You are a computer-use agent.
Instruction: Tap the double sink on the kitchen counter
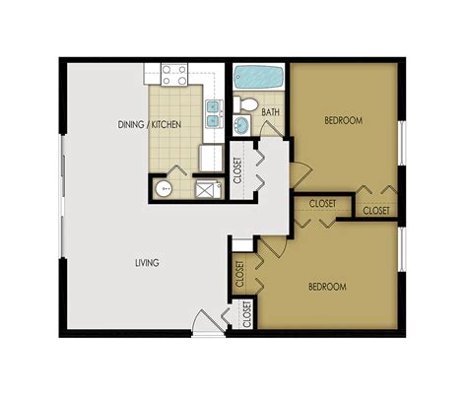pos(212,113)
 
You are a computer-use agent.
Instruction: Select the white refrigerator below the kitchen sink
pos(209,157)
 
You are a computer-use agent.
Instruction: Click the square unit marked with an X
pos(206,189)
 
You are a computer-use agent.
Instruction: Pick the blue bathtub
pos(258,76)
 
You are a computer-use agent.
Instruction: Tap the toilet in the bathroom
pos(249,104)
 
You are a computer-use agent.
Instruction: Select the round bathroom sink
pos(242,126)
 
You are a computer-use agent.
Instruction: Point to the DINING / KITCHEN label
pos(176,126)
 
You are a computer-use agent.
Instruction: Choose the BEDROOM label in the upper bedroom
pos(344,121)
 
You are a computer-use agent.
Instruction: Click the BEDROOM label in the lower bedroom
pos(326,287)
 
